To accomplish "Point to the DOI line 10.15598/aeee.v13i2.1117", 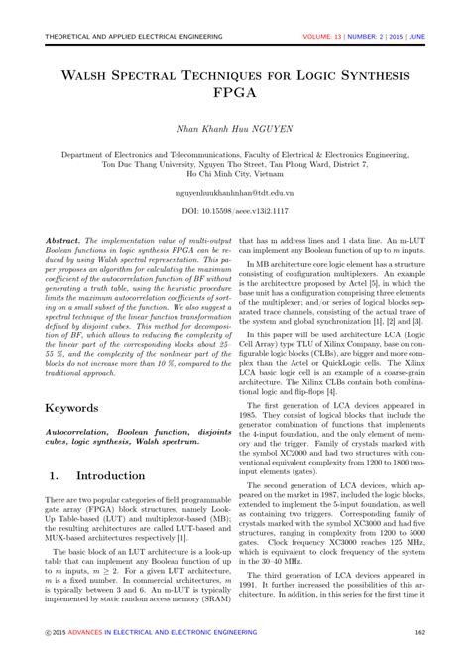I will [234, 212].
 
